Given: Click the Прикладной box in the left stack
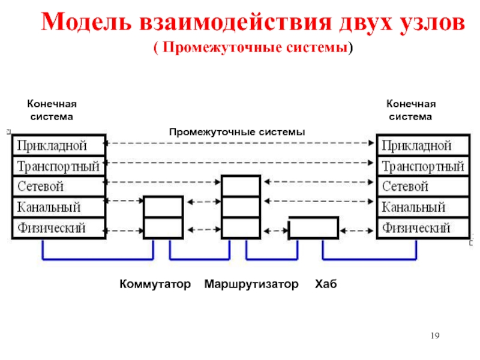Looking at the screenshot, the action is (x=59, y=145).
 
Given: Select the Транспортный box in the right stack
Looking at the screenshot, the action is (x=424, y=166).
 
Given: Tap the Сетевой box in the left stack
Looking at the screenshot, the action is (x=59, y=187).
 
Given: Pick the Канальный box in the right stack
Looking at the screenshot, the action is (x=424, y=207).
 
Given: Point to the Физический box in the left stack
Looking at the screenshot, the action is (x=59, y=228).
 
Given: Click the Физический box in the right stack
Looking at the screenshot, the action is (x=424, y=228).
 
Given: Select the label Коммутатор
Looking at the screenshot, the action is (x=155, y=284).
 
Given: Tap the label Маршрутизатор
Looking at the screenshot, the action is (x=251, y=284).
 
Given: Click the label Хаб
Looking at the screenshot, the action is (x=326, y=284).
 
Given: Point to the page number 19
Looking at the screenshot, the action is (x=435, y=335).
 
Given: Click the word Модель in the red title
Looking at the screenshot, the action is (x=86, y=22).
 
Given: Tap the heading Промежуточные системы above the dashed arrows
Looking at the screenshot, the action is (x=237, y=132).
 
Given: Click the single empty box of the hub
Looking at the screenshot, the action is (x=314, y=227).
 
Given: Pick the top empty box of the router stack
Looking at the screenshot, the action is (x=241, y=186).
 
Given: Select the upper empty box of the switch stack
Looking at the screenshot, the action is (x=163, y=207).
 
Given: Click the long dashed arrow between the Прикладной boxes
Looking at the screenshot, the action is (x=239, y=143).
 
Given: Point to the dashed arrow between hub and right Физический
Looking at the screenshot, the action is (x=356, y=230).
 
